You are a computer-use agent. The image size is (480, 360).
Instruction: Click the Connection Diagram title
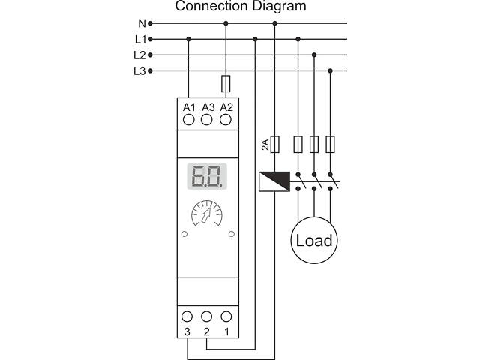coord(241,7)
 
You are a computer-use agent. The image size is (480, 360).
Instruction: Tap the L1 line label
coord(139,39)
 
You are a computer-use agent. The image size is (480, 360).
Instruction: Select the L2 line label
coord(139,55)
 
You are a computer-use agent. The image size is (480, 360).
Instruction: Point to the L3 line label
coord(139,70)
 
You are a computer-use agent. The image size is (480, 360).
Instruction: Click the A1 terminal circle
coord(189,120)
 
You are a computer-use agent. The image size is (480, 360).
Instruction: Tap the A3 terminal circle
coord(208,120)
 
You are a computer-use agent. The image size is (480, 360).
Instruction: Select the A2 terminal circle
coord(226,120)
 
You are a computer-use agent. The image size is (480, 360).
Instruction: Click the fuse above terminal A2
coord(226,82)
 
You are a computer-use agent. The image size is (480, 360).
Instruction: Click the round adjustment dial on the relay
coord(208,217)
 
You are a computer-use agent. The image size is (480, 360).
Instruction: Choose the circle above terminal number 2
coord(208,316)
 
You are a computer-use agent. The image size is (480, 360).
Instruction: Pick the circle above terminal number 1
coord(226,316)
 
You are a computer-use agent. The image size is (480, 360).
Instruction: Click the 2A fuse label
coord(265,145)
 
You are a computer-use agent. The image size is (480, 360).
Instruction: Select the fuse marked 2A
coord(275,144)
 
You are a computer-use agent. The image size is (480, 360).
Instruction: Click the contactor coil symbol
coord(275,181)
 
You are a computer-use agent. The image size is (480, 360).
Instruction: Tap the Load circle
coord(313,241)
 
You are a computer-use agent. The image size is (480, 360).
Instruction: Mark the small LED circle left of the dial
coord(184,234)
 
